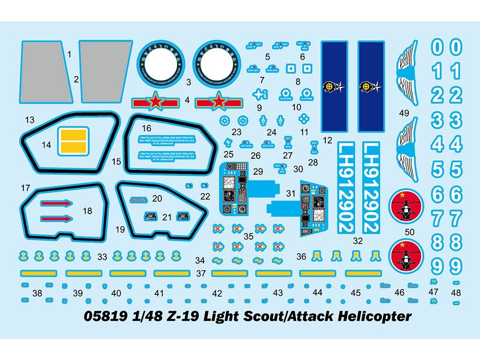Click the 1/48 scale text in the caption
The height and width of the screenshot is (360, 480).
click(142, 317)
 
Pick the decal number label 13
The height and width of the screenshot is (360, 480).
click(30, 120)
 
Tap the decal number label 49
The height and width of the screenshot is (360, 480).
click(404, 113)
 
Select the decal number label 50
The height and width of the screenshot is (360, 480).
click(409, 232)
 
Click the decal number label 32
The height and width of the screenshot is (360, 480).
click(358, 241)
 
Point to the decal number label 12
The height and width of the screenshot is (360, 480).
click(327, 140)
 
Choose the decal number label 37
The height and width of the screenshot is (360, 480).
click(201, 273)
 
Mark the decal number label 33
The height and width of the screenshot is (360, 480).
click(102, 256)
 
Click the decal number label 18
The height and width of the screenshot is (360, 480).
click(87, 211)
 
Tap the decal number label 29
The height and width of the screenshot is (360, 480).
click(258, 172)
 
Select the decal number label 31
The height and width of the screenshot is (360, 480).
click(291, 193)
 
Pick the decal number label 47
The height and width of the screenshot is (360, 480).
click(434, 292)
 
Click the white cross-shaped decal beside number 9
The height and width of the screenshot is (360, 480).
click(259, 94)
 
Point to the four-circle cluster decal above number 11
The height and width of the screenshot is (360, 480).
click(305, 118)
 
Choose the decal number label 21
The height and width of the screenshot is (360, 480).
click(167, 217)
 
